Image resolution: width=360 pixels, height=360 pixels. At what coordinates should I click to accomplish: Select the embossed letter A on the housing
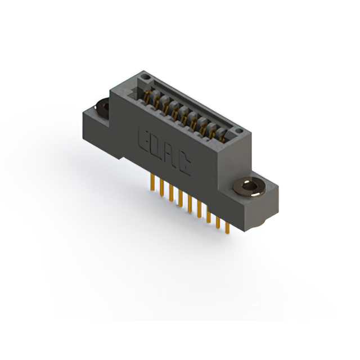coord(170,157)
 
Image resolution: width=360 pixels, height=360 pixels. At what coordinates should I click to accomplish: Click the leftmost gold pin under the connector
coord(151,183)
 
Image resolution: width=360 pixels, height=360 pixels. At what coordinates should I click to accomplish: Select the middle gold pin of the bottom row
coord(190,205)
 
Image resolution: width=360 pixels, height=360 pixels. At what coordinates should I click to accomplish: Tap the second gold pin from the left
coord(161,188)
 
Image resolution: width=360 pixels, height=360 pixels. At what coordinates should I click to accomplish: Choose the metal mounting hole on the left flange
coord(103,105)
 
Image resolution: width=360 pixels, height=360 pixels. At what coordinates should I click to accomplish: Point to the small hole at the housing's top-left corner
coord(145,75)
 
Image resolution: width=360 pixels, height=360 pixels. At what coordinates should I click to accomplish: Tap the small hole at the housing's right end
coord(240,131)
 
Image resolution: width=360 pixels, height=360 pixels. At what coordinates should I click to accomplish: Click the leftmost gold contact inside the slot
coord(149,96)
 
